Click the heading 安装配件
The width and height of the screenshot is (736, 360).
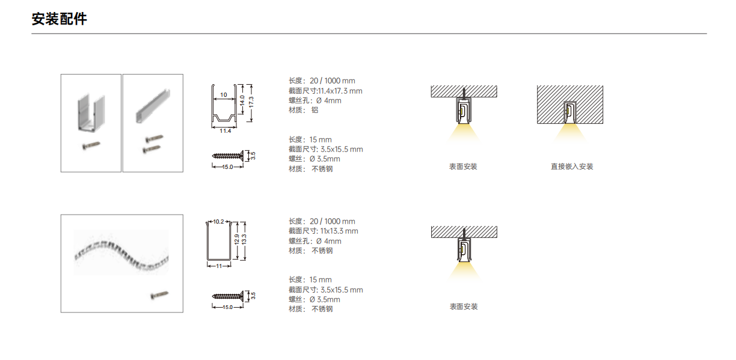point(59,19)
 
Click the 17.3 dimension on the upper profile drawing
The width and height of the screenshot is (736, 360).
point(251,102)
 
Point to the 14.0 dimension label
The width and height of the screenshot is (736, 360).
point(242,100)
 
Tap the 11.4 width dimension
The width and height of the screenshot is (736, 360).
point(225,131)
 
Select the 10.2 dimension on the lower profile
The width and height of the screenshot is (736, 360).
point(218,221)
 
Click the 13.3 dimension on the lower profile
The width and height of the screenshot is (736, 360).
point(244,239)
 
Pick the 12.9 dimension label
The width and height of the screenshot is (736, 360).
point(236,239)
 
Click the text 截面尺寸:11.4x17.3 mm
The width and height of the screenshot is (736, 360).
point(325,91)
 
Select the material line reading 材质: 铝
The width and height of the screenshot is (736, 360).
point(303,110)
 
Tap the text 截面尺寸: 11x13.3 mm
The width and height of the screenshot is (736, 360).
point(324,231)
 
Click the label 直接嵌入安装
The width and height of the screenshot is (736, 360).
point(572,166)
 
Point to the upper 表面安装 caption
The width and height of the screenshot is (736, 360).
point(463,166)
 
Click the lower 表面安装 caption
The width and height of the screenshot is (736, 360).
point(463,307)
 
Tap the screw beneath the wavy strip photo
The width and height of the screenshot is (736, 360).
point(160,295)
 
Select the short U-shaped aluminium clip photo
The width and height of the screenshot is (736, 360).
point(91,113)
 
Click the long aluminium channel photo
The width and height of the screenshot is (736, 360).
point(153,106)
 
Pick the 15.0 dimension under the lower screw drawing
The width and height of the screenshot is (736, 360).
point(228,307)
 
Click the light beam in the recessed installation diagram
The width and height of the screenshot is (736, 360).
point(570,132)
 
